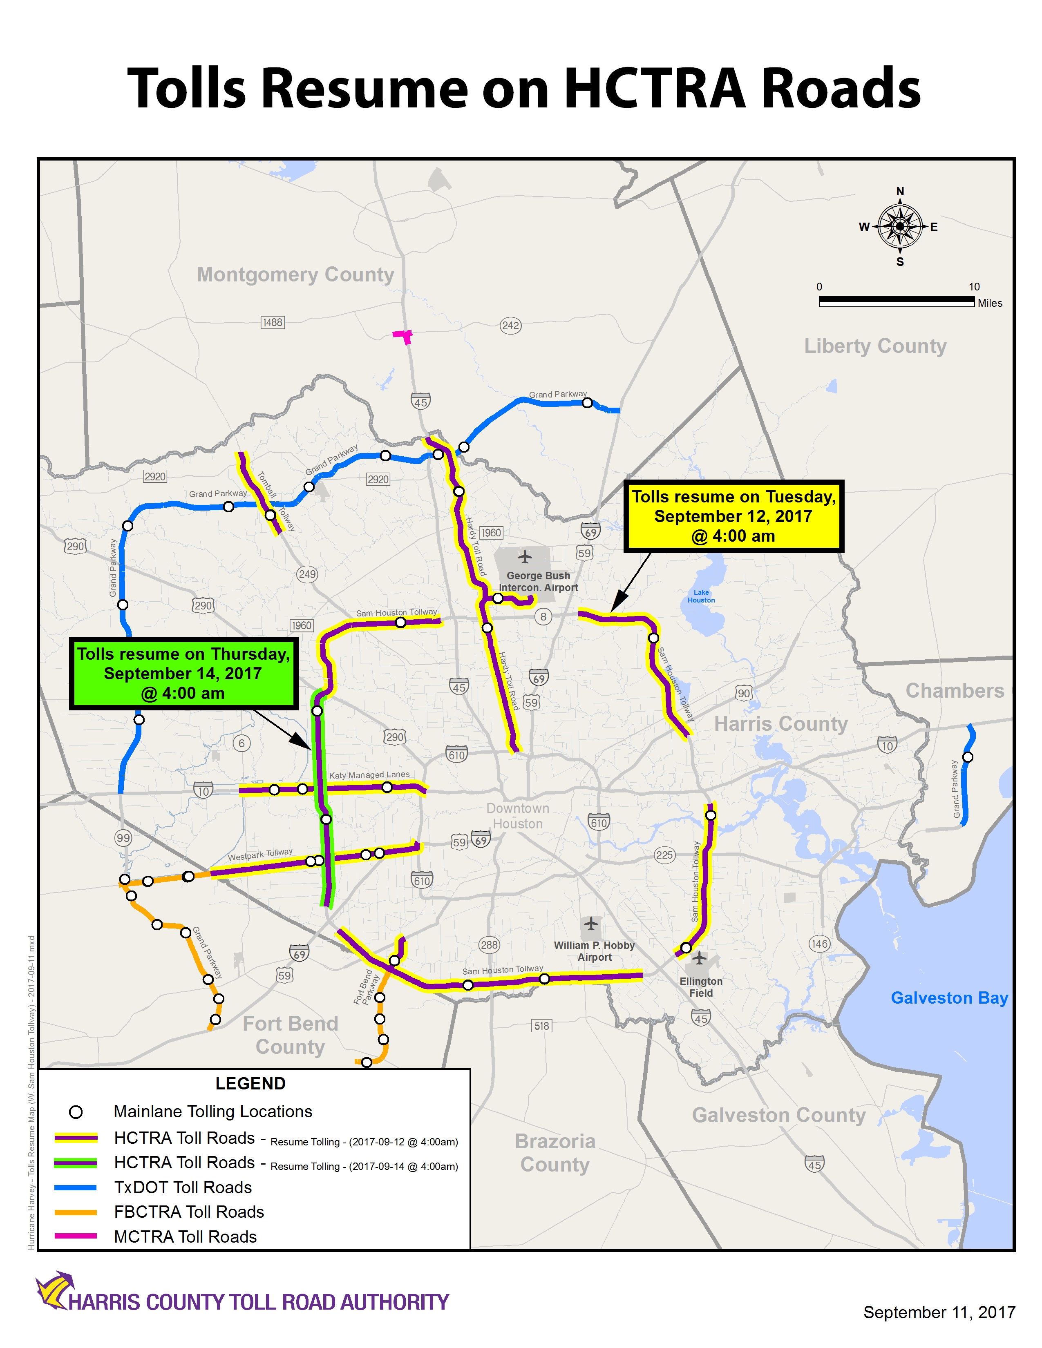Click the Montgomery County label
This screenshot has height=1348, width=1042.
tap(295, 274)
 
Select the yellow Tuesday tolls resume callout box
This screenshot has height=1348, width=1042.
tap(733, 516)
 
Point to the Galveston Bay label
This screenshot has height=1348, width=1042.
tap(949, 998)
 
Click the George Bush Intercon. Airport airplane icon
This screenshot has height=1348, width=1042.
tap(525, 557)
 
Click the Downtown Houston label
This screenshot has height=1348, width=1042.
tap(517, 816)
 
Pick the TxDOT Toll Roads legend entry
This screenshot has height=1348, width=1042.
tap(183, 1187)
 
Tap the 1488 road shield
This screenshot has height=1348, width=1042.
tap(272, 322)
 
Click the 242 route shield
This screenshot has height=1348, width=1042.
tap(510, 325)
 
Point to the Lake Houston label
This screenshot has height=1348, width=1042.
tap(701, 596)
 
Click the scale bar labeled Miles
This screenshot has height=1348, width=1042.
tap(896, 301)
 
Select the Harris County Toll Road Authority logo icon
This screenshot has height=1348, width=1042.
tap(54, 1290)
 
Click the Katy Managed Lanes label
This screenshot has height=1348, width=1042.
tap(369, 775)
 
